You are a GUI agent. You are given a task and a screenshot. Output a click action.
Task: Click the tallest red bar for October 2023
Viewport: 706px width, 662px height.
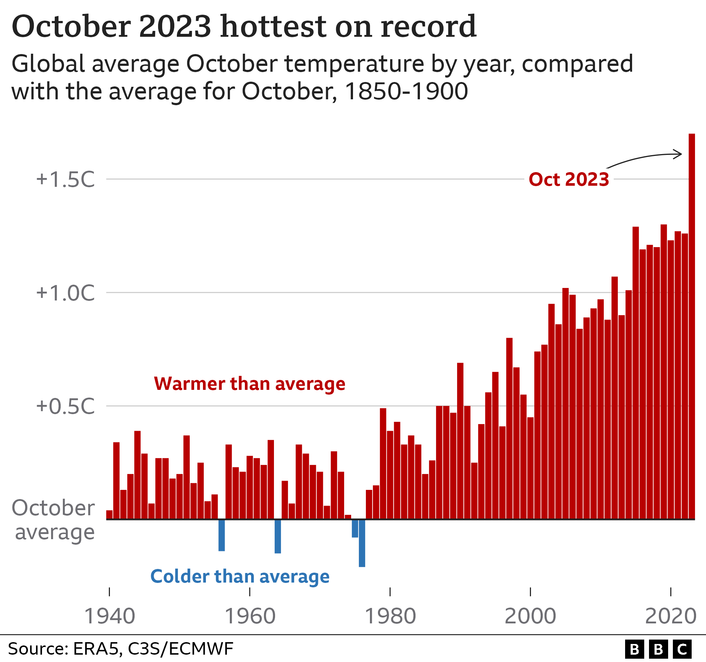click(x=692, y=327)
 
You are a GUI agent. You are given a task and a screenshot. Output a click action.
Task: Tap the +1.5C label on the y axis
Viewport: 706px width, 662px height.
click(x=65, y=179)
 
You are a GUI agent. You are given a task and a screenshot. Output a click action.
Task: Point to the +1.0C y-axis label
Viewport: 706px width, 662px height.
click(x=65, y=293)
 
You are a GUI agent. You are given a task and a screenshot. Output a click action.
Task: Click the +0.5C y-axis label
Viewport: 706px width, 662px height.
click(x=65, y=406)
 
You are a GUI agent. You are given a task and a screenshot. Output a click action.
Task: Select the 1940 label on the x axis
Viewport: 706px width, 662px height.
click(x=110, y=616)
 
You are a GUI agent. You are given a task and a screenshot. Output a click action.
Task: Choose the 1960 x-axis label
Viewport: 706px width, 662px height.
click(x=250, y=616)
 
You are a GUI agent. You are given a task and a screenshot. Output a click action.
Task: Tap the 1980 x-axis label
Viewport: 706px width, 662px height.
click(x=390, y=616)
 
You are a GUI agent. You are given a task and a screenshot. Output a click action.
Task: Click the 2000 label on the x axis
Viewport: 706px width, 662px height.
click(x=530, y=616)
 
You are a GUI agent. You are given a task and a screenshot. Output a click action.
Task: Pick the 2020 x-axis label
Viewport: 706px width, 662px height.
click(x=671, y=616)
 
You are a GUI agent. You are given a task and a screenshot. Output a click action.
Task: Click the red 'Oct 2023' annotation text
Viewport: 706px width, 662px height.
click(x=569, y=179)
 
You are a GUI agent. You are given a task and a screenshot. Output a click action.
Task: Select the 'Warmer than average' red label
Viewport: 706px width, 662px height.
click(x=249, y=384)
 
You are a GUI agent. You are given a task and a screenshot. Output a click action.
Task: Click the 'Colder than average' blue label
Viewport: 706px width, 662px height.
click(x=240, y=576)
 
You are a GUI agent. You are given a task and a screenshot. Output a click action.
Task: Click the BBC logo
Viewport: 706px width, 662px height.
click(x=658, y=649)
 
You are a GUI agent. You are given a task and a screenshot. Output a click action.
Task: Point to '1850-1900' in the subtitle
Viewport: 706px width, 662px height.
click(x=406, y=91)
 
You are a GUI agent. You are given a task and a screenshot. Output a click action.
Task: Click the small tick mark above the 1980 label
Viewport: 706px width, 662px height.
click(x=390, y=592)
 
